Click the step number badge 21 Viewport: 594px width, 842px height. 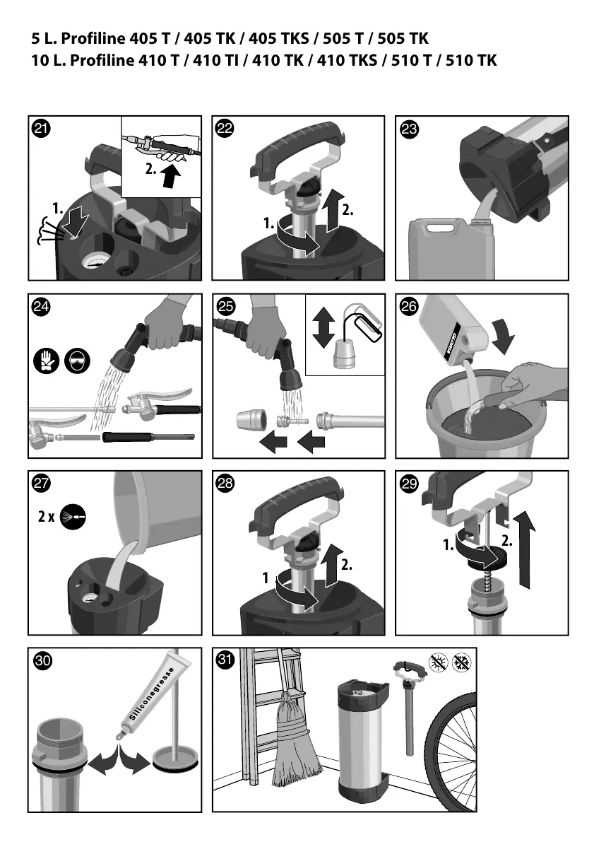[41, 129]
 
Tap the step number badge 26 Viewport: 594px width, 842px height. [410, 306]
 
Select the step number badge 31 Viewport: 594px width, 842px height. [225, 660]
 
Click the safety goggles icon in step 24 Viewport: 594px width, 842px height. [77, 361]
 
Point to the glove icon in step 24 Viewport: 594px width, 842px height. [46, 361]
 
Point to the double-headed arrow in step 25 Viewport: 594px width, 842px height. [323, 327]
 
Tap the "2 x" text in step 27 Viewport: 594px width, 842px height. [46, 517]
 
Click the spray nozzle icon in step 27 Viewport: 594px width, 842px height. [73, 517]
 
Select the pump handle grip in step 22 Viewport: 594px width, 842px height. [298, 146]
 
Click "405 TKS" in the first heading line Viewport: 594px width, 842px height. [278, 39]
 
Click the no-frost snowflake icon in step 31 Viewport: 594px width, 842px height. [462, 662]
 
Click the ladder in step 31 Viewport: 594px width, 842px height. [271, 714]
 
